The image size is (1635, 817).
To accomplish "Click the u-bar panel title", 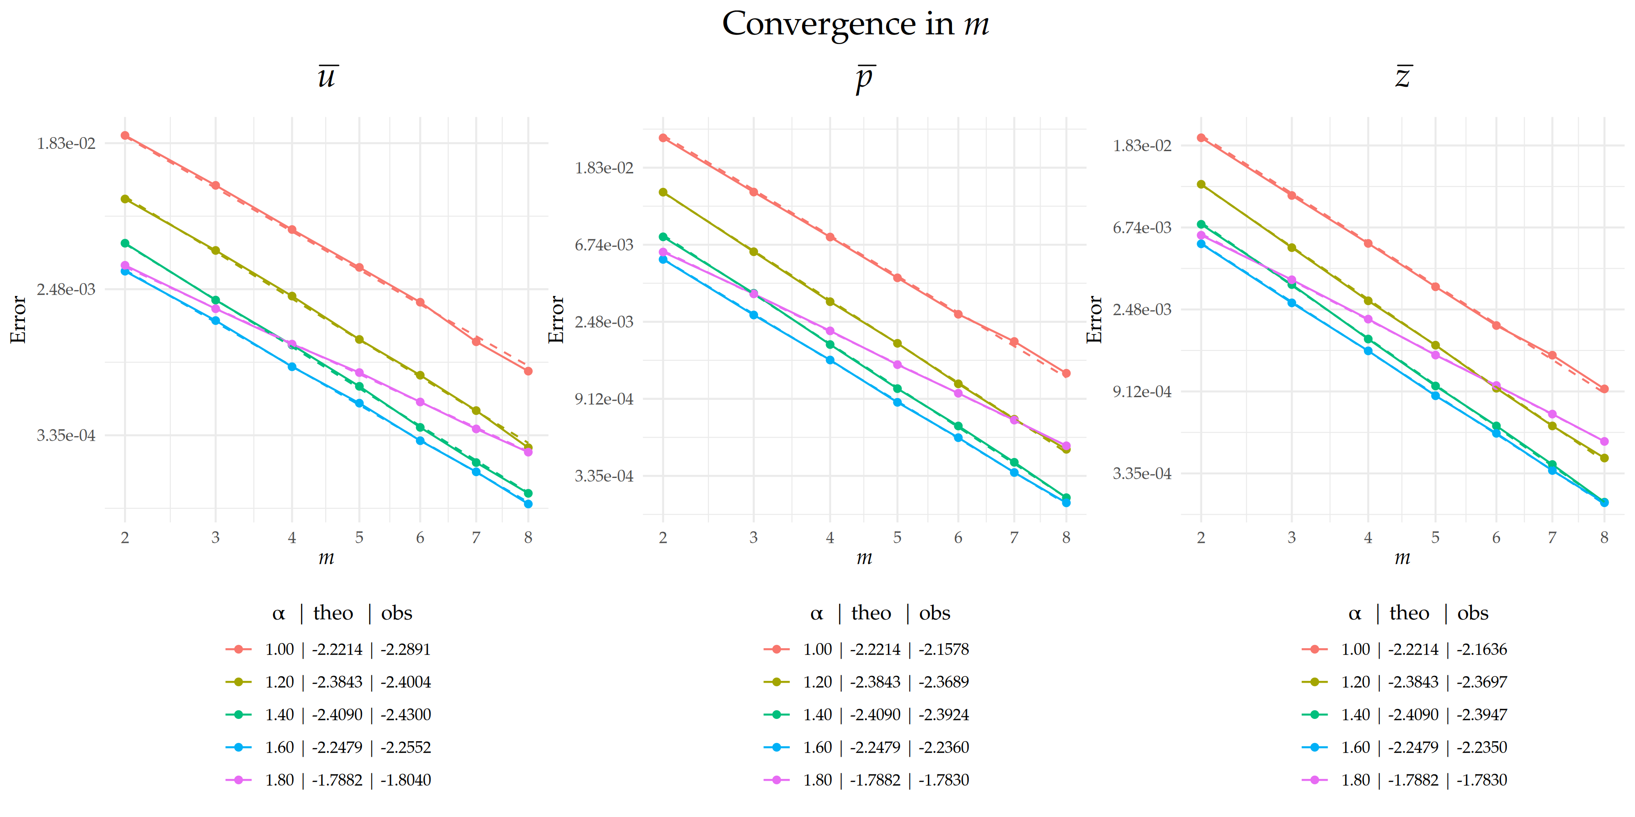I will pyautogui.click(x=327, y=76).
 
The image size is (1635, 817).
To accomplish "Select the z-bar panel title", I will pyautogui.click(x=1403, y=76).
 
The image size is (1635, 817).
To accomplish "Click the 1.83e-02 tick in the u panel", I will pyautogui.click(x=66, y=143).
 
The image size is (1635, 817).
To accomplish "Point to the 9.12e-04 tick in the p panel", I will pyautogui.click(x=604, y=399).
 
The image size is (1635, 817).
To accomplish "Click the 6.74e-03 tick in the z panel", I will pyautogui.click(x=1142, y=228).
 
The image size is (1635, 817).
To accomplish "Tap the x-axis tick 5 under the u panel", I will pyautogui.click(x=359, y=538).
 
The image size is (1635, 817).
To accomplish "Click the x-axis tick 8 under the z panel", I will pyautogui.click(x=1604, y=538).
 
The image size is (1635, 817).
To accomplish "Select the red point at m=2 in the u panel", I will pyautogui.click(x=125, y=136).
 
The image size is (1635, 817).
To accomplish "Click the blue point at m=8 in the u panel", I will pyautogui.click(x=528, y=504).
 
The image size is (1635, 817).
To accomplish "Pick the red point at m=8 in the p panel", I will pyautogui.click(x=1066, y=374).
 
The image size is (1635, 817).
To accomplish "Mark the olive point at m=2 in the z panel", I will pyautogui.click(x=1201, y=185).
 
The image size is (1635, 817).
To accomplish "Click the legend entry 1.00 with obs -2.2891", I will pyautogui.click(x=328, y=650).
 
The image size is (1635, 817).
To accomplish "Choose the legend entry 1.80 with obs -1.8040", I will pyautogui.click(x=328, y=780).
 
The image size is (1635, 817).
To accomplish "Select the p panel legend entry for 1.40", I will pyautogui.click(x=867, y=715).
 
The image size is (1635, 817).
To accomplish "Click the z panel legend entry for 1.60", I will pyautogui.click(x=1404, y=747).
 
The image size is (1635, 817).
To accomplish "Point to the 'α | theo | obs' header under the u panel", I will pyautogui.click(x=342, y=613).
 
